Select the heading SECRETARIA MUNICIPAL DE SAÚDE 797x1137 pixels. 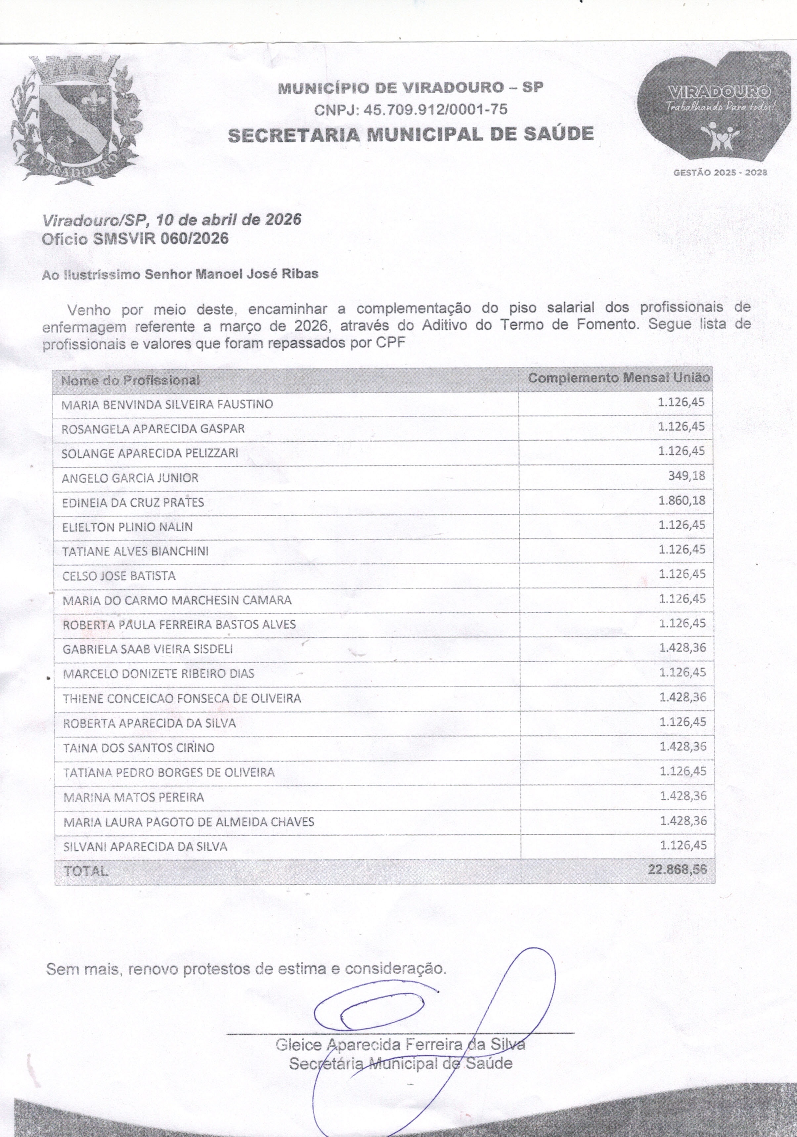[x=411, y=134]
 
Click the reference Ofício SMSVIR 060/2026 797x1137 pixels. [x=135, y=239]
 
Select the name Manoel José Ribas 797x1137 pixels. [x=257, y=274]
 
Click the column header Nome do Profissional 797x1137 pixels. [x=130, y=380]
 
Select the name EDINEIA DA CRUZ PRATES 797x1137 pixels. [x=133, y=503]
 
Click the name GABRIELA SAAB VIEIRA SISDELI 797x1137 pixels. [x=148, y=649]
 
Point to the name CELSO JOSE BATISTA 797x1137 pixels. [x=119, y=576]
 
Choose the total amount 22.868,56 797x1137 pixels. [x=677, y=869]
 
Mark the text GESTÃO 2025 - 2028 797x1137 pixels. [x=720, y=173]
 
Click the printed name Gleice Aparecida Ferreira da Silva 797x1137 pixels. [x=400, y=1045]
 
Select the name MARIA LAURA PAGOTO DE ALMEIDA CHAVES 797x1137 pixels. [x=189, y=822]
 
